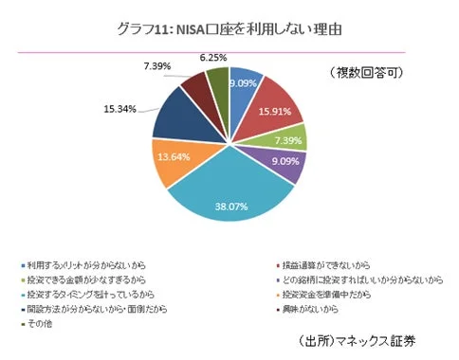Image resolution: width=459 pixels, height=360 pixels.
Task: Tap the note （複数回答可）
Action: (x=372, y=72)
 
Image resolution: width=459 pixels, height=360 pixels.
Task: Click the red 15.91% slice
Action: (x=276, y=103)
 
